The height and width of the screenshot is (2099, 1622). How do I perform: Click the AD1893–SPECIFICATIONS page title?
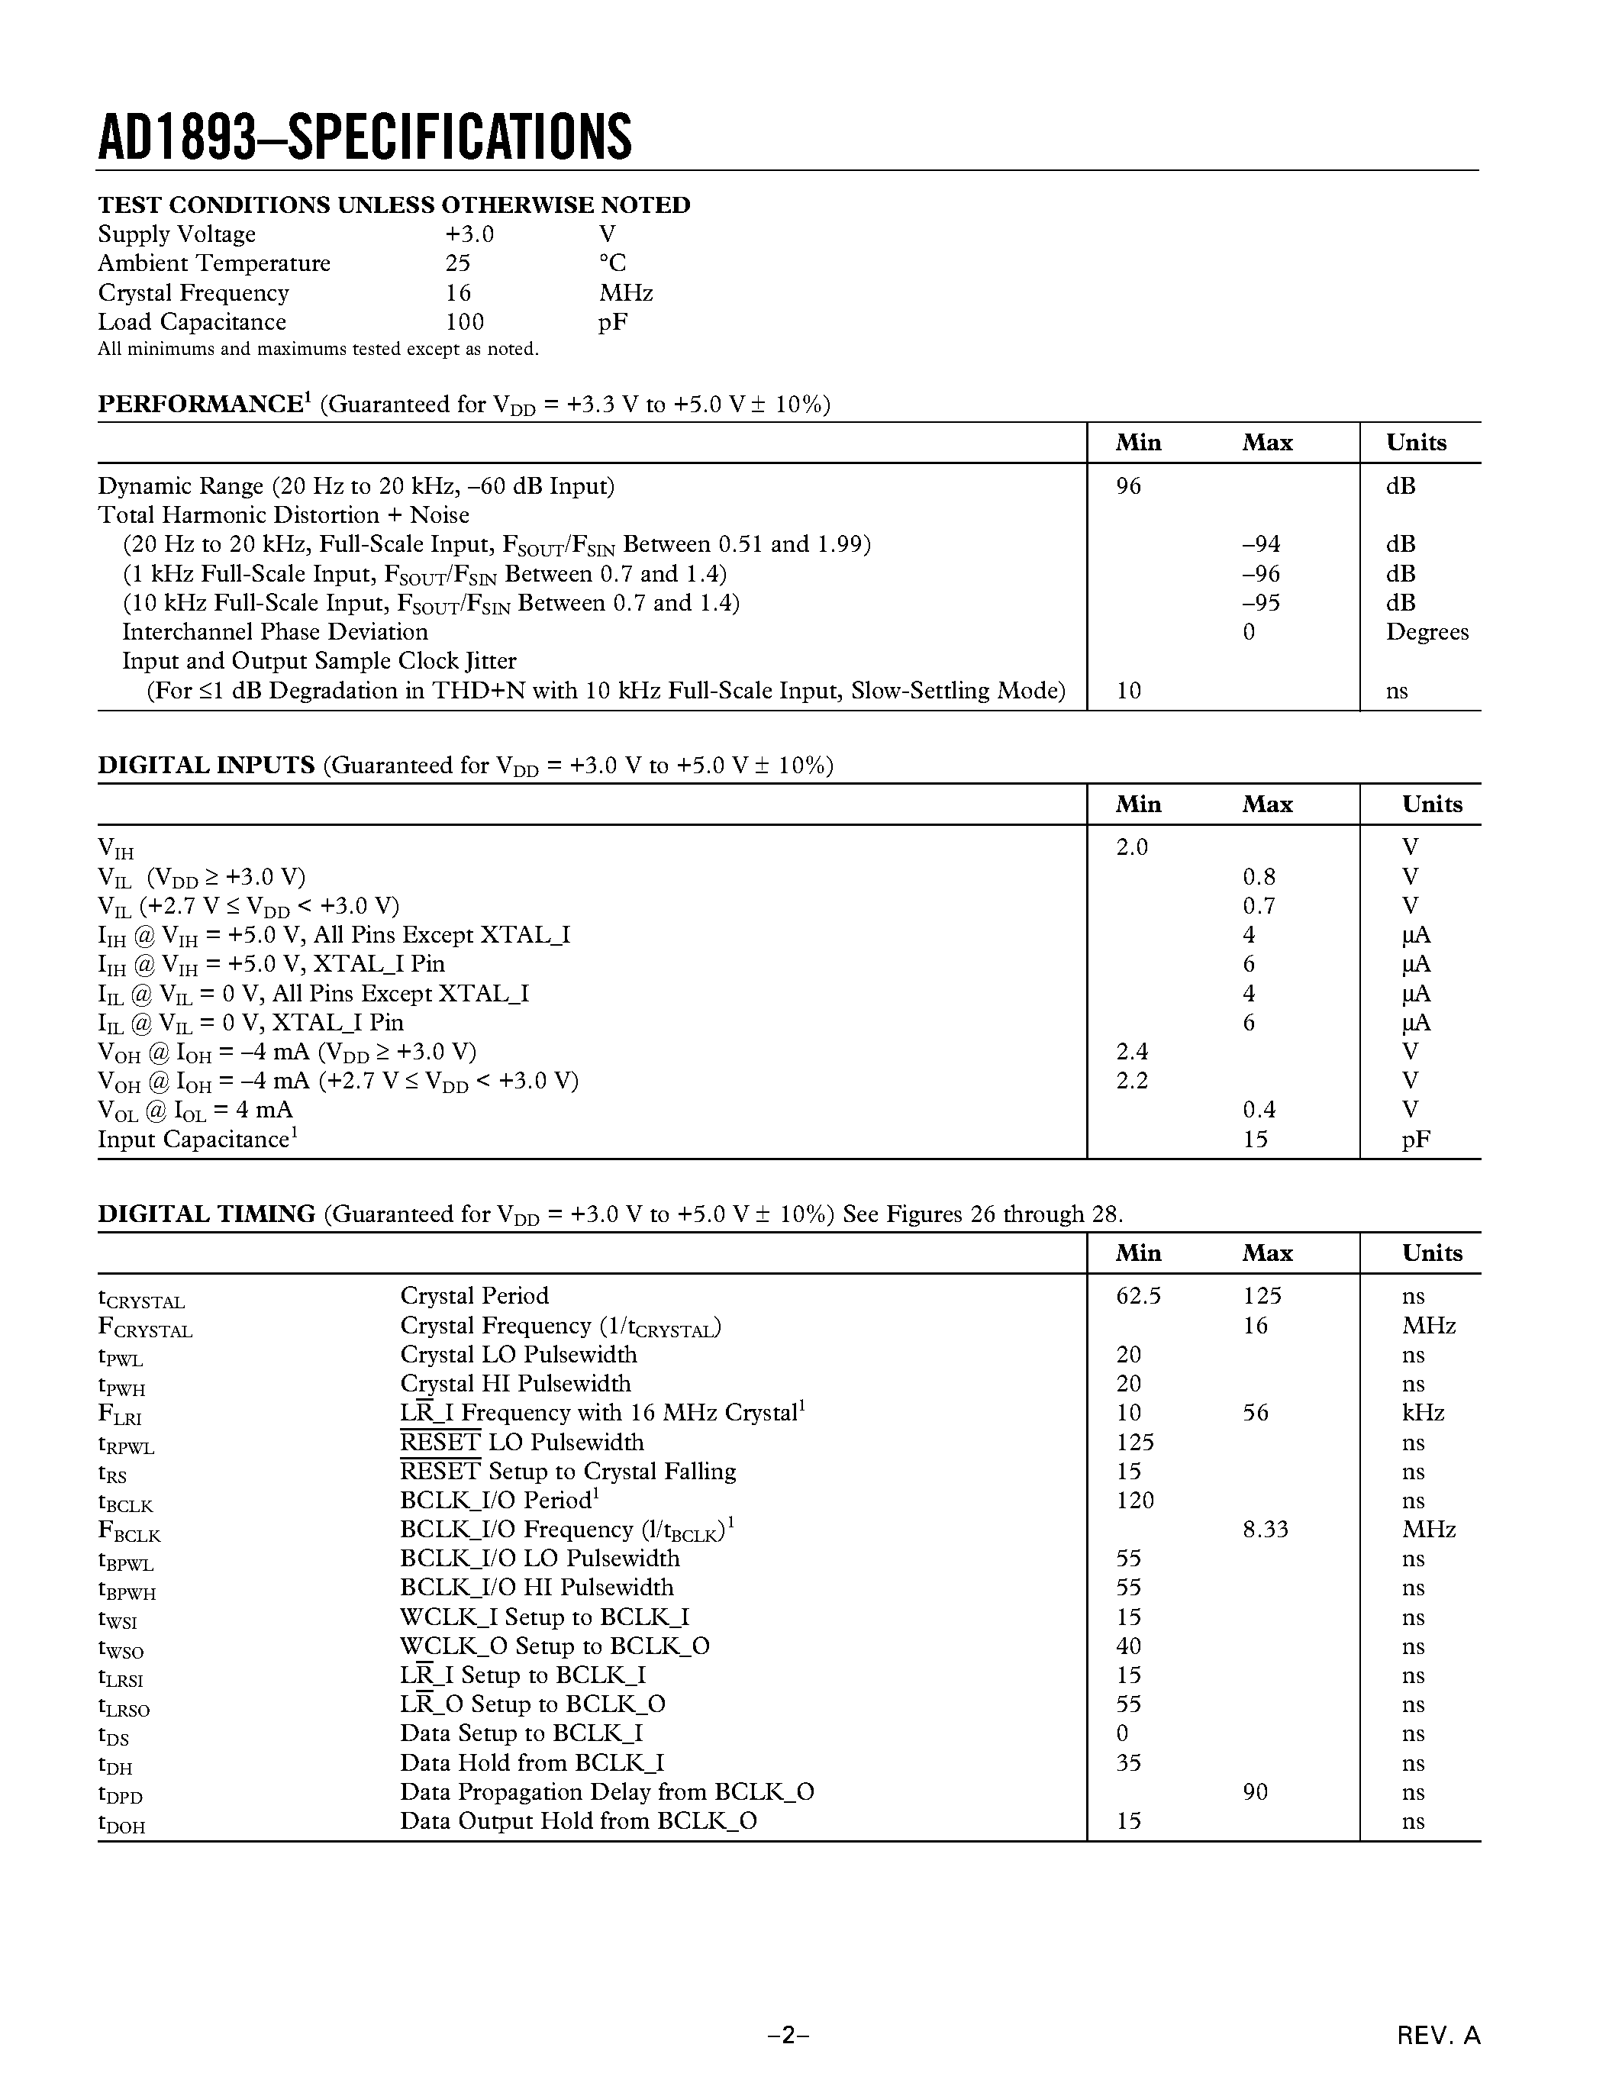click(365, 137)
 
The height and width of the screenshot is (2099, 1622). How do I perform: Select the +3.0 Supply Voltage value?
click(469, 234)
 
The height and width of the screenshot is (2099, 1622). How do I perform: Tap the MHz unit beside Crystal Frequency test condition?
click(626, 293)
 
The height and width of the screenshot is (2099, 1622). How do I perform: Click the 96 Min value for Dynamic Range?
click(1128, 486)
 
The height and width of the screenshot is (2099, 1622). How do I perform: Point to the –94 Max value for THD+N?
click(1261, 545)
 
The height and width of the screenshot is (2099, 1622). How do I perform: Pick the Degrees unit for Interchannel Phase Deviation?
click(1427, 633)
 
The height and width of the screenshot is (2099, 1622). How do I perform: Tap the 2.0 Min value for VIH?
click(1131, 848)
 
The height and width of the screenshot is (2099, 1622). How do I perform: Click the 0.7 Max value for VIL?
click(1258, 906)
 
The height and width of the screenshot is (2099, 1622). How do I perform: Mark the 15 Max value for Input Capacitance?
click(1255, 1140)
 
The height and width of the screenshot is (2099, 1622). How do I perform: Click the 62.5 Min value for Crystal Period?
click(1138, 1297)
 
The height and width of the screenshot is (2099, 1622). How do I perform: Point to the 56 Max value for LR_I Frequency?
click(1255, 1413)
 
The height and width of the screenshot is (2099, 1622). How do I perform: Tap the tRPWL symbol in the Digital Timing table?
click(126, 1445)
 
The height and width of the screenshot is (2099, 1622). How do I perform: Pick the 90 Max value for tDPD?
click(1255, 1792)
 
